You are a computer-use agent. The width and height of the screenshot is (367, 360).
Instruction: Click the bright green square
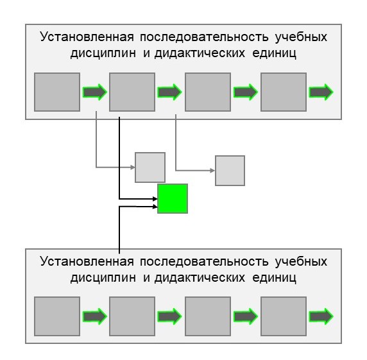pyautogui.click(x=173, y=198)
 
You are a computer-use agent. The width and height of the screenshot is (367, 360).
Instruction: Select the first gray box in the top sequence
pyautogui.click(x=57, y=92)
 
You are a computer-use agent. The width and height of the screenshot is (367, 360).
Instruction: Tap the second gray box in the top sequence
pyautogui.click(x=132, y=92)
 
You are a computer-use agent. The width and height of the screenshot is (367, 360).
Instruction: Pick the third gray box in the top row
pyautogui.click(x=208, y=92)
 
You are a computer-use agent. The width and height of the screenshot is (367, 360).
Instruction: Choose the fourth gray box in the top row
pyautogui.click(x=284, y=92)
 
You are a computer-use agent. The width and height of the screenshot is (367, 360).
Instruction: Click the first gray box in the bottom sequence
pyautogui.click(x=57, y=316)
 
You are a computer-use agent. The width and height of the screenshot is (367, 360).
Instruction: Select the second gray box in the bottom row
pyautogui.click(x=132, y=316)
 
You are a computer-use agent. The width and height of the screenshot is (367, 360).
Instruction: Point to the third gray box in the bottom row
pyautogui.click(x=208, y=316)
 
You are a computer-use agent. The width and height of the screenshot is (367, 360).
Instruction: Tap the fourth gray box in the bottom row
pyautogui.click(x=284, y=316)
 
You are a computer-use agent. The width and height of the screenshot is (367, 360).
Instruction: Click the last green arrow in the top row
pyautogui.click(x=321, y=92)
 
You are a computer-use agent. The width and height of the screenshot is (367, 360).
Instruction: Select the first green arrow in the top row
pyautogui.click(x=95, y=92)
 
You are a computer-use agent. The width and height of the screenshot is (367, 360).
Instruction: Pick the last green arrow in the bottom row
pyautogui.click(x=321, y=316)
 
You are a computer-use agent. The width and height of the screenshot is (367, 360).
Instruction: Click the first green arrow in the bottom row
pyautogui.click(x=95, y=316)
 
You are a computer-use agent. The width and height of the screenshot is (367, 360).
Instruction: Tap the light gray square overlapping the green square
pyautogui.click(x=150, y=167)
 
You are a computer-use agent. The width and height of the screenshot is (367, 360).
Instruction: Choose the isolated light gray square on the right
pyautogui.click(x=230, y=171)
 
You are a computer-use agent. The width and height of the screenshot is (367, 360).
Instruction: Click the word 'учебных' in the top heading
pyautogui.click(x=301, y=37)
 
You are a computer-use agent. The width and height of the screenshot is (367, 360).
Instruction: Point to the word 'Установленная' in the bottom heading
pyautogui.click(x=87, y=261)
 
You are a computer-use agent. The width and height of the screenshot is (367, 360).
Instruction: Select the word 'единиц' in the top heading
pyautogui.click(x=275, y=53)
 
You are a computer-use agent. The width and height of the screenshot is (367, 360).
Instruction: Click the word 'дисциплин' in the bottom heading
pyautogui.click(x=103, y=278)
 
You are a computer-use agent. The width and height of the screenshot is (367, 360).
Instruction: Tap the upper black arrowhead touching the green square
pyautogui.click(x=155, y=199)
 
